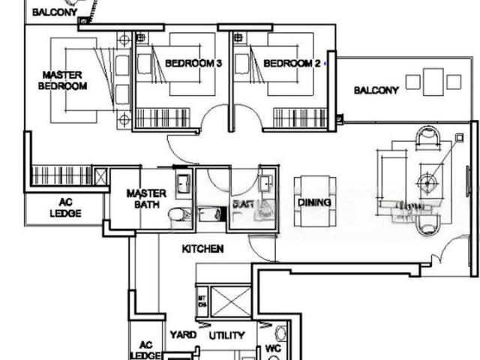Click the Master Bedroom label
pyautogui.click(x=62, y=80)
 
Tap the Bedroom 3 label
pyautogui.click(x=193, y=64)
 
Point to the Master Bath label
pyautogui.click(x=146, y=198)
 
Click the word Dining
pyautogui.click(x=315, y=202)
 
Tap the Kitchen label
pyautogui.click(x=202, y=248)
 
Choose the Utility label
pyautogui.click(x=226, y=335)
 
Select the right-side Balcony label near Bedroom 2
pyautogui.click(x=376, y=90)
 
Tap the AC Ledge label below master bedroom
pyautogui.click(x=66, y=208)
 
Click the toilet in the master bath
pyautogui.click(x=175, y=215)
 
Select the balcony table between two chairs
pyautogui.click(x=432, y=81)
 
